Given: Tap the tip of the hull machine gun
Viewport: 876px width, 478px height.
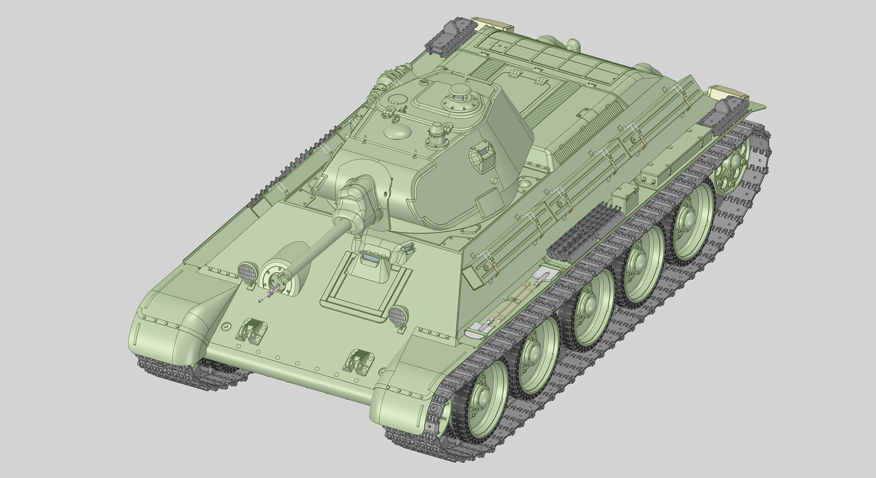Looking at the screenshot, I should [260, 301].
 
